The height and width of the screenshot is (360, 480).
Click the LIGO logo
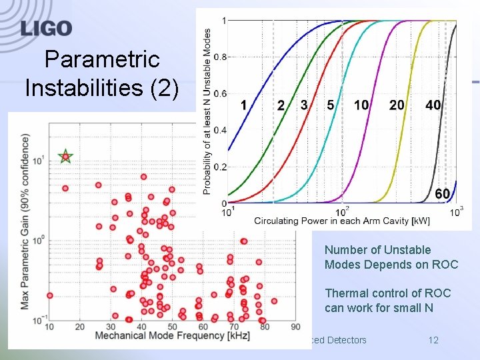(x=46, y=28)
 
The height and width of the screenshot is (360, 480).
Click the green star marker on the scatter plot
(x=65, y=157)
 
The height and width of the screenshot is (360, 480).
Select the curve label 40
(x=433, y=105)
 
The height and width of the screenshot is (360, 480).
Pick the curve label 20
(x=397, y=105)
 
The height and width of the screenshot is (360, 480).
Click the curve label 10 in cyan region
(x=361, y=105)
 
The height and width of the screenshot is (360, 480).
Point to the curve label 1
(x=243, y=105)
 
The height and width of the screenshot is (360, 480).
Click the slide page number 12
(x=433, y=340)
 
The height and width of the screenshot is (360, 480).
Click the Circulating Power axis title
(x=341, y=221)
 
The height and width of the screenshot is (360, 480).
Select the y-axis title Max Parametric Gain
(x=25, y=221)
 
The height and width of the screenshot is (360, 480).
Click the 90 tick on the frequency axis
(x=295, y=327)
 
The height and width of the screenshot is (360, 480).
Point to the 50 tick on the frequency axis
(x=172, y=327)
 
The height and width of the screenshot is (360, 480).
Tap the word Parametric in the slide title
(x=102, y=60)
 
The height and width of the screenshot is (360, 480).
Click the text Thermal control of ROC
(x=387, y=293)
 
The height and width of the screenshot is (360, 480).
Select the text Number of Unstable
(x=377, y=250)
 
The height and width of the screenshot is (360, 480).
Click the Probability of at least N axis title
(x=207, y=111)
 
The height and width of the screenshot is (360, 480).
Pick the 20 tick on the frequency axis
(x=80, y=327)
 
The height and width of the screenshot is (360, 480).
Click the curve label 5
(x=331, y=105)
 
